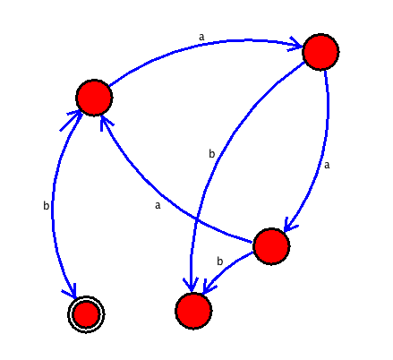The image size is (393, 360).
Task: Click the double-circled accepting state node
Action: (86, 314)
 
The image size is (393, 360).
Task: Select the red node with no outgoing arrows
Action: (193, 311)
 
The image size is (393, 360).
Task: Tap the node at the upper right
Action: (320, 52)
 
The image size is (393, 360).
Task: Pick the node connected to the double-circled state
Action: (94, 98)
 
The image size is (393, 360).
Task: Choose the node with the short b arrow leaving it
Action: (271, 246)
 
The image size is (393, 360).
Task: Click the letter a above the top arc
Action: (201, 37)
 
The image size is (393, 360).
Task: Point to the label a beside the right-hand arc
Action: (327, 165)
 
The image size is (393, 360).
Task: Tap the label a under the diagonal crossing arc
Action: (158, 205)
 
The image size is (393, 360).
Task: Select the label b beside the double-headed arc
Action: (47, 205)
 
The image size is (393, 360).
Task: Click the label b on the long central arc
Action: (211, 154)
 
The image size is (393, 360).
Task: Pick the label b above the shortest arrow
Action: (220, 261)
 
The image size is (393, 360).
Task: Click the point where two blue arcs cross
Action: (196, 219)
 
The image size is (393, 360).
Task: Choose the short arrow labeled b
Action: (226, 267)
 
